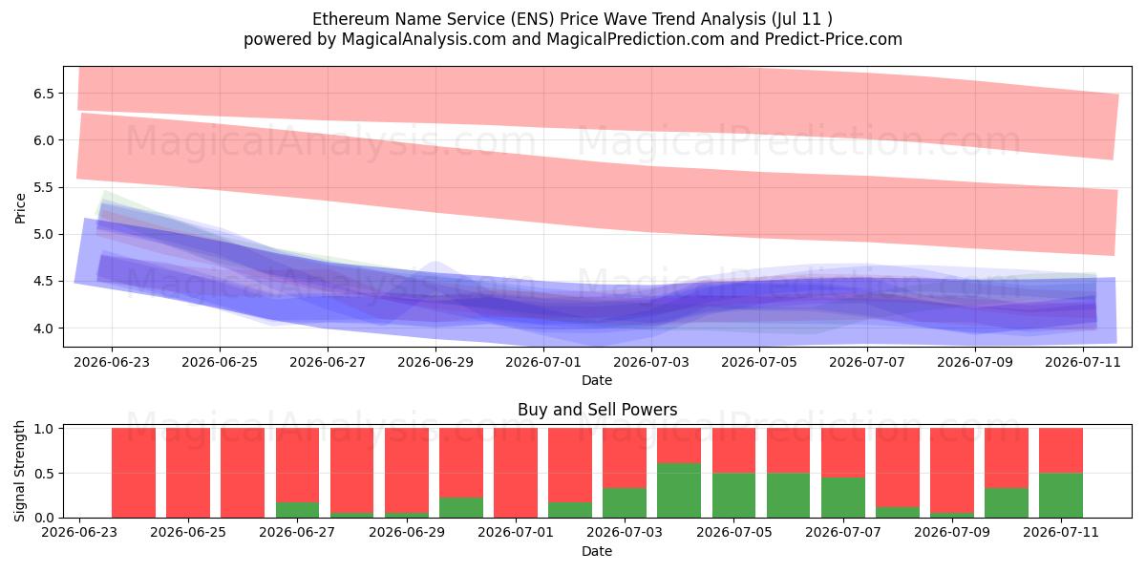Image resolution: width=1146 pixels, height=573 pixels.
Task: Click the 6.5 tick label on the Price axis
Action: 44,94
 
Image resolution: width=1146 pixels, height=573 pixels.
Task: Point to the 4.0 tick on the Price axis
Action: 44,329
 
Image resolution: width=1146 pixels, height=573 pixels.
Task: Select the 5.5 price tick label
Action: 44,188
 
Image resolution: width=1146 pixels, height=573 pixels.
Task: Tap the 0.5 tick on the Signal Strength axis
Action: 44,474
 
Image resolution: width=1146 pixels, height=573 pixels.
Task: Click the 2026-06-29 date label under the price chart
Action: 435,362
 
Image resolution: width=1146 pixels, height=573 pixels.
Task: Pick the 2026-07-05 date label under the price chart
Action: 759,362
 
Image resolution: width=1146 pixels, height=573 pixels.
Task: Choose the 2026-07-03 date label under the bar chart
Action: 625,532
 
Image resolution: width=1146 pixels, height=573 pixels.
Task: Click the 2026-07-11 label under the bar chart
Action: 1061,532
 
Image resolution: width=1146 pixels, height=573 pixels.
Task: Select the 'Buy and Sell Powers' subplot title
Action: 598,410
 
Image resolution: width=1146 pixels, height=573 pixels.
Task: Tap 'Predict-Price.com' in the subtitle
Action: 834,39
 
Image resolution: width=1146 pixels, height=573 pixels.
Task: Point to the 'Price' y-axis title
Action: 20,208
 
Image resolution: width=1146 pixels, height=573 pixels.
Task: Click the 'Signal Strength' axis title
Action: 19,471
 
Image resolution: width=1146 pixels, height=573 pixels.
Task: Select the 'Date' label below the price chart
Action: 597,380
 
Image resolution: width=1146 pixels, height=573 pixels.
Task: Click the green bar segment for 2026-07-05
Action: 733,496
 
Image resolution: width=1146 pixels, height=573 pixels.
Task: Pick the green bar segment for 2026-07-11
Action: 1061,496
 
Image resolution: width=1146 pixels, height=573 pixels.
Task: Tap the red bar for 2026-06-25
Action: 188,473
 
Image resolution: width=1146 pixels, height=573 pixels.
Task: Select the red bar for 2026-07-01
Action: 516,473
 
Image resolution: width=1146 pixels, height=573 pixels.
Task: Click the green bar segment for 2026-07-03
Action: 625,503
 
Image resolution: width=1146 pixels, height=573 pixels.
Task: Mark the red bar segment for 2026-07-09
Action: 952,470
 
